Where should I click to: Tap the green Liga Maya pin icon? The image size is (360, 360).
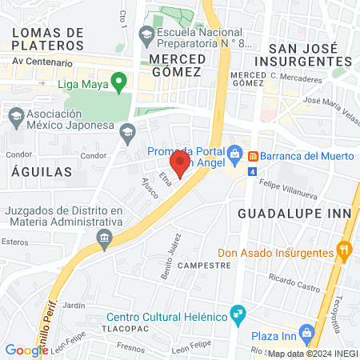tap(119, 81)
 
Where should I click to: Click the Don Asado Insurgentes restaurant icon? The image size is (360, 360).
tap(345, 251)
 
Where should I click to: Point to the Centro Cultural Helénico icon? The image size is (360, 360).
tap(237, 313)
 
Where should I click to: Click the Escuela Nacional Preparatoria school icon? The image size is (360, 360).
tap(146, 34)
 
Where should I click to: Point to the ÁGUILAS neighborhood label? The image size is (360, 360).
tap(42, 171)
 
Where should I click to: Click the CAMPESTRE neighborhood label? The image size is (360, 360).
tap(199, 265)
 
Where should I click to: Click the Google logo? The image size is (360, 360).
tap(26, 349)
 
